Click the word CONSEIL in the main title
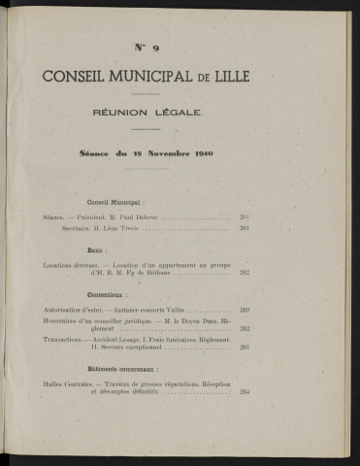click(75, 79)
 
